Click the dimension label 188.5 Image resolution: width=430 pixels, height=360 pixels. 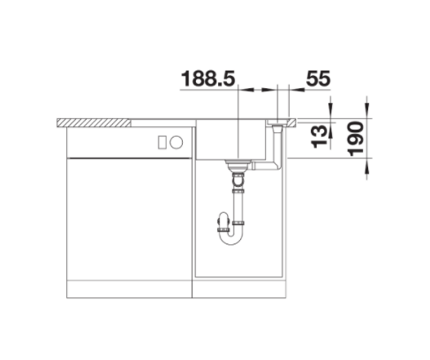208,79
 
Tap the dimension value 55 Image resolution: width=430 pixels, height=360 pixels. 318,79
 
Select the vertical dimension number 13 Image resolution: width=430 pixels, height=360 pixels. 320,137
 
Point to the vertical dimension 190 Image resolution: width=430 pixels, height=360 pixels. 356,139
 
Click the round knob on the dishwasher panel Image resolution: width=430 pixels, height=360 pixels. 177,142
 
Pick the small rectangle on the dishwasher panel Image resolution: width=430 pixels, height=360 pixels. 162,142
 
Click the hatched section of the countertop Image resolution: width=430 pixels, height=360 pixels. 94,123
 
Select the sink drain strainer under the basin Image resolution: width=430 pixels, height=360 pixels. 238,165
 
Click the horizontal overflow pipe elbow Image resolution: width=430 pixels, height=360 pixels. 267,165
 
